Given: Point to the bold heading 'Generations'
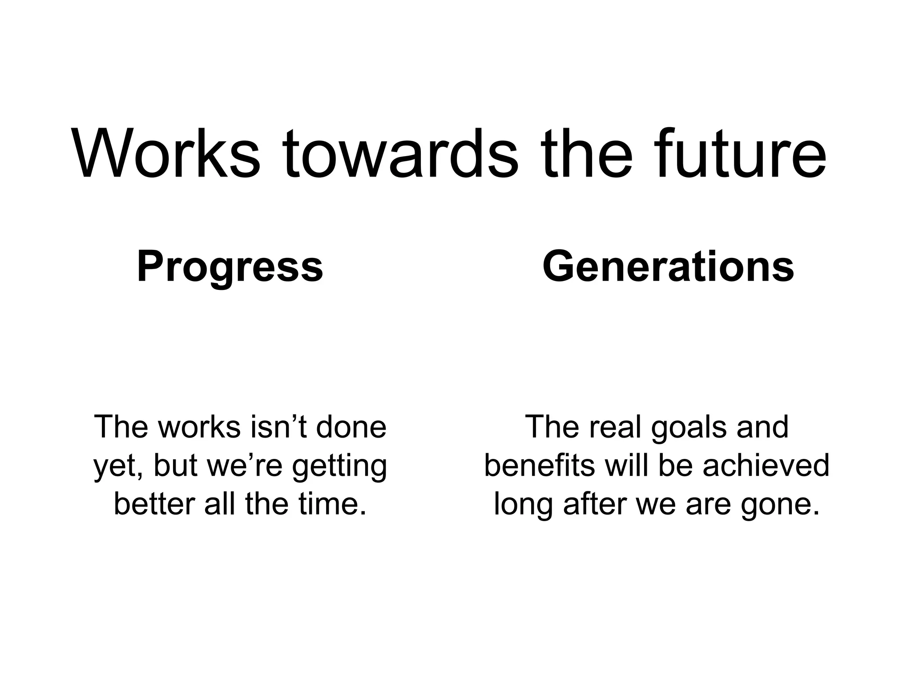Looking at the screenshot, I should click(x=668, y=267).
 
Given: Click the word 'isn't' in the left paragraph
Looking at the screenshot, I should click(x=279, y=427).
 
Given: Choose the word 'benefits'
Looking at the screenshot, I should click(x=539, y=466).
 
